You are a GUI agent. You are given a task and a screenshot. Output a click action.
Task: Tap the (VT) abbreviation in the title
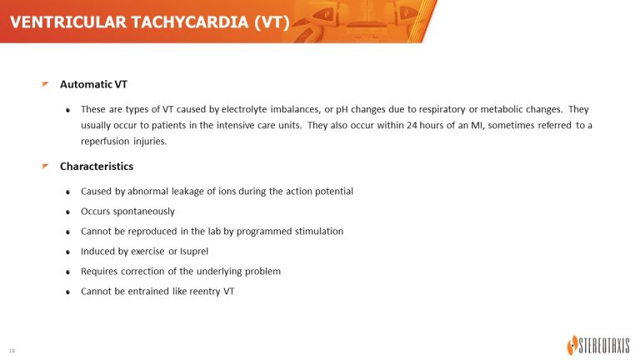[272, 22]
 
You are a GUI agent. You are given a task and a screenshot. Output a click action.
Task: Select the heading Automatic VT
[93, 84]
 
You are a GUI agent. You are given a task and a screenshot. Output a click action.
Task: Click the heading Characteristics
[97, 167]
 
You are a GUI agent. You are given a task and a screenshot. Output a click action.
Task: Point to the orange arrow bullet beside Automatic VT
[45, 84]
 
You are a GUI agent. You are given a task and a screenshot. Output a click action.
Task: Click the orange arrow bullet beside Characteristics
[45, 166]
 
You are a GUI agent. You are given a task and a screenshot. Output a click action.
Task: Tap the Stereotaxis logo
[598, 345]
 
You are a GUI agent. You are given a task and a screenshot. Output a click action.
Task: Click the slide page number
[12, 351]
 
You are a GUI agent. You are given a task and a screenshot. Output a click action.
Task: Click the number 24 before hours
[412, 125]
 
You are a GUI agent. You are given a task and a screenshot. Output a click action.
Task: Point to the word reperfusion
[105, 142]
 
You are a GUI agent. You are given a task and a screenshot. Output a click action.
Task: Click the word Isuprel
[194, 252]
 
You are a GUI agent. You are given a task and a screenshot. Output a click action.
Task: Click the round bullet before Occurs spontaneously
[67, 212]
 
